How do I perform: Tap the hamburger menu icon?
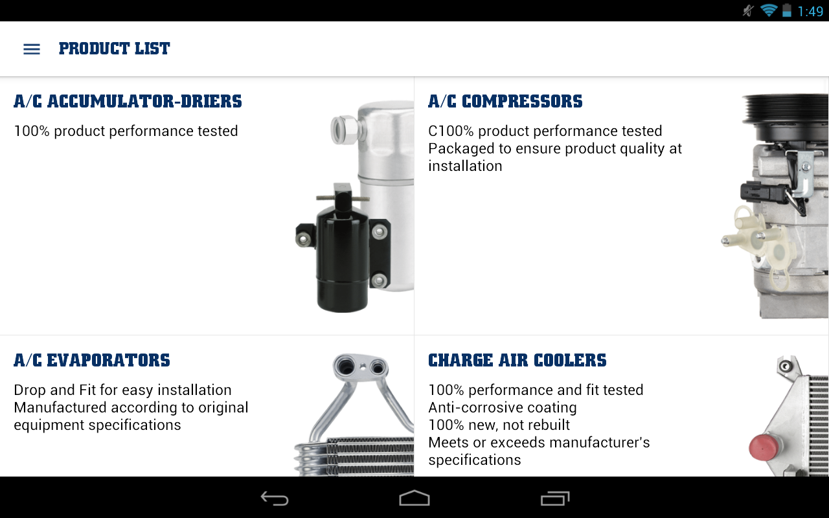(32, 49)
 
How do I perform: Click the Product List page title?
(115, 49)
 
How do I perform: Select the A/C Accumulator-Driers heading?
(128, 102)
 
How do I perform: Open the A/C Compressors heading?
(505, 102)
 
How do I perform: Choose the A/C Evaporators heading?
(92, 361)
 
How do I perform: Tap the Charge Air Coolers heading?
(517, 361)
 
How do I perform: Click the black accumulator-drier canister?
(343, 252)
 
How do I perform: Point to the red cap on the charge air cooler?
(763, 447)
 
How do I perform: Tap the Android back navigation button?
(275, 498)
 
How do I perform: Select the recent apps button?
(555, 498)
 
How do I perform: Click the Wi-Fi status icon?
(769, 11)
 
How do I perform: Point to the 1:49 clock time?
(810, 12)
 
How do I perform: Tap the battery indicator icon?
(787, 10)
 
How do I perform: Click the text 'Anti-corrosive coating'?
(502, 407)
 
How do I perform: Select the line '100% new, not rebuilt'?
(499, 425)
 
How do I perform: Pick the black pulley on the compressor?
(784, 117)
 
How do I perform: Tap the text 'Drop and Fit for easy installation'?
(122, 390)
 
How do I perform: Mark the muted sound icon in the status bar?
(749, 11)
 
